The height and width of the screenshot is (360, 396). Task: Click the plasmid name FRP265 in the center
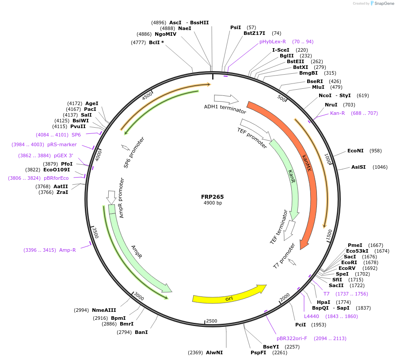click(x=212, y=197)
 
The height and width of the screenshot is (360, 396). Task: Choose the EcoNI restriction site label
click(x=355, y=151)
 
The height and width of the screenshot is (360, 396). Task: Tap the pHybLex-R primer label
click(x=273, y=42)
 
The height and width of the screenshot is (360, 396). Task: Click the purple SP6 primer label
click(x=76, y=135)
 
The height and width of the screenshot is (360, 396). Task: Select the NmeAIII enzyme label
click(x=104, y=310)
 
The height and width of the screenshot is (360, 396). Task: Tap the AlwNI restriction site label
click(x=214, y=352)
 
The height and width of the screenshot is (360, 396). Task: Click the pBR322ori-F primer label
click(x=292, y=338)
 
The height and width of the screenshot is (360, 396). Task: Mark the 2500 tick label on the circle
click(x=212, y=321)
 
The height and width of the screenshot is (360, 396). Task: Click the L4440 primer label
click(x=312, y=316)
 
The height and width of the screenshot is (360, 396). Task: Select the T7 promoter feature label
click(x=284, y=256)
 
